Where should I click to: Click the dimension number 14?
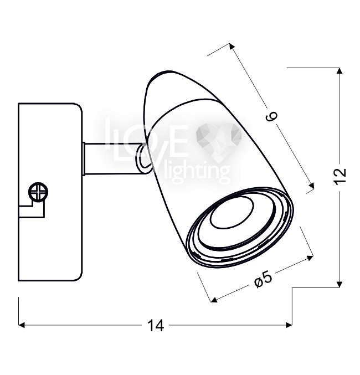click(x=156, y=325)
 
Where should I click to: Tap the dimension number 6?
click(x=271, y=116)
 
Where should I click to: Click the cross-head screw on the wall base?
click(x=38, y=192)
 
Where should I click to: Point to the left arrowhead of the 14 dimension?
click(x=22, y=325)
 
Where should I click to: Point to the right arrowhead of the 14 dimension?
click(x=289, y=325)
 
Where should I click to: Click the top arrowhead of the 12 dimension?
click(x=339, y=70)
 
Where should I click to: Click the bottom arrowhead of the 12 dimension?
click(x=339, y=285)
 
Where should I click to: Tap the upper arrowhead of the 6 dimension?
click(x=232, y=46)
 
